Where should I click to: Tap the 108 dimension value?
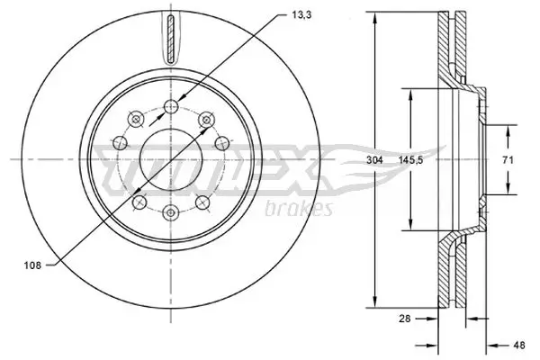[x=32, y=265]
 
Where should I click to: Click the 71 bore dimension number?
[x=507, y=160]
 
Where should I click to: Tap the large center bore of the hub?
[x=169, y=159]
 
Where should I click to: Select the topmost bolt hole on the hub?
[x=169, y=108]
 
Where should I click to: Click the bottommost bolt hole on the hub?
[x=169, y=211]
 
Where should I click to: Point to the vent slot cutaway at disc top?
[x=169, y=38]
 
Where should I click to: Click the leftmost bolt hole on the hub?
[x=118, y=142]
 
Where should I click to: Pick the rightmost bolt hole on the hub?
[x=221, y=142]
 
